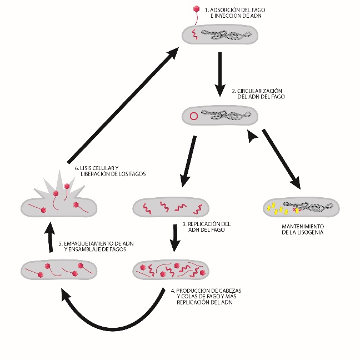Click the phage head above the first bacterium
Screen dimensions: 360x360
pos(196,9)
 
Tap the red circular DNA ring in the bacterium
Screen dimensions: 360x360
pos(194,117)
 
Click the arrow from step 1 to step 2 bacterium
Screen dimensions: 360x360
pos(221,69)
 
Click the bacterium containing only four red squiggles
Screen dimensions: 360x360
pos(172,208)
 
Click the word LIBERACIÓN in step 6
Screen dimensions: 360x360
pos(93,174)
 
